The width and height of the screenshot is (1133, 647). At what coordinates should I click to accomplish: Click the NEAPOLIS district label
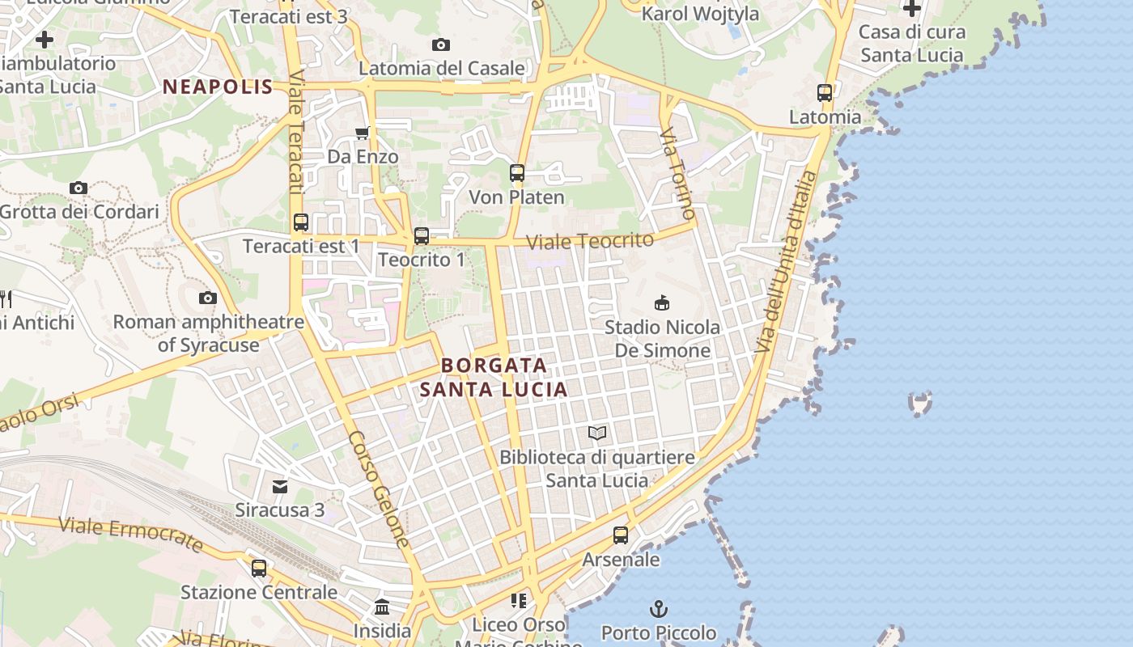[218, 87]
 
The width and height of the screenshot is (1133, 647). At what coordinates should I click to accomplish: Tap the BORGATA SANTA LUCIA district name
[493, 377]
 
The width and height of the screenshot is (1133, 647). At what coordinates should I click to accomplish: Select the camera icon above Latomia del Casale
[441, 44]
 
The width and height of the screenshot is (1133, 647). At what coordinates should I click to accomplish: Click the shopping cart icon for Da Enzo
[362, 133]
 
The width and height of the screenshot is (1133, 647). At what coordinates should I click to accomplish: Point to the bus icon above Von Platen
[516, 172]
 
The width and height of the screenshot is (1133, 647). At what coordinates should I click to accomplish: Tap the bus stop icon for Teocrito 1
[421, 236]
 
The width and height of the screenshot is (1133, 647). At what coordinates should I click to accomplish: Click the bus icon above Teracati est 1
[300, 222]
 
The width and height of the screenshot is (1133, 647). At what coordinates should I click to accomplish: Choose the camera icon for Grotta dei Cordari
[79, 188]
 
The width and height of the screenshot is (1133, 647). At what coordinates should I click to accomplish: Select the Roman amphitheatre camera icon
[208, 298]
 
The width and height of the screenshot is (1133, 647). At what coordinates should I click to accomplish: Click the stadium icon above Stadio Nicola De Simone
[662, 303]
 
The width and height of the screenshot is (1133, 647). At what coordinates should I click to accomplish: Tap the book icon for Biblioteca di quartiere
[597, 433]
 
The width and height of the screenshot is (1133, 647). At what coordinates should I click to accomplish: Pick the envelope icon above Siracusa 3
[280, 486]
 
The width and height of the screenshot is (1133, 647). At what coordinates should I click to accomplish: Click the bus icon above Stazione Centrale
[259, 568]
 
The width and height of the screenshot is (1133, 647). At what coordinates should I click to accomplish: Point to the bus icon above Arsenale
[621, 535]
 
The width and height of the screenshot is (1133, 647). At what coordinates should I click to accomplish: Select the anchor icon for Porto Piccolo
[659, 608]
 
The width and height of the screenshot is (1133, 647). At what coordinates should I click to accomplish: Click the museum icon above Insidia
[382, 607]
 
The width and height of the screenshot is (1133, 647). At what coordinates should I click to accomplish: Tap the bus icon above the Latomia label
[825, 93]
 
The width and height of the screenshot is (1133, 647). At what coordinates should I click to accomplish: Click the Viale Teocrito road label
[590, 240]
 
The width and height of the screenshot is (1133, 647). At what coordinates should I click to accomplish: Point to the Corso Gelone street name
[380, 488]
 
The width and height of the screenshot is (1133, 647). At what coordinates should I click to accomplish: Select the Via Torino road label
[677, 173]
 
